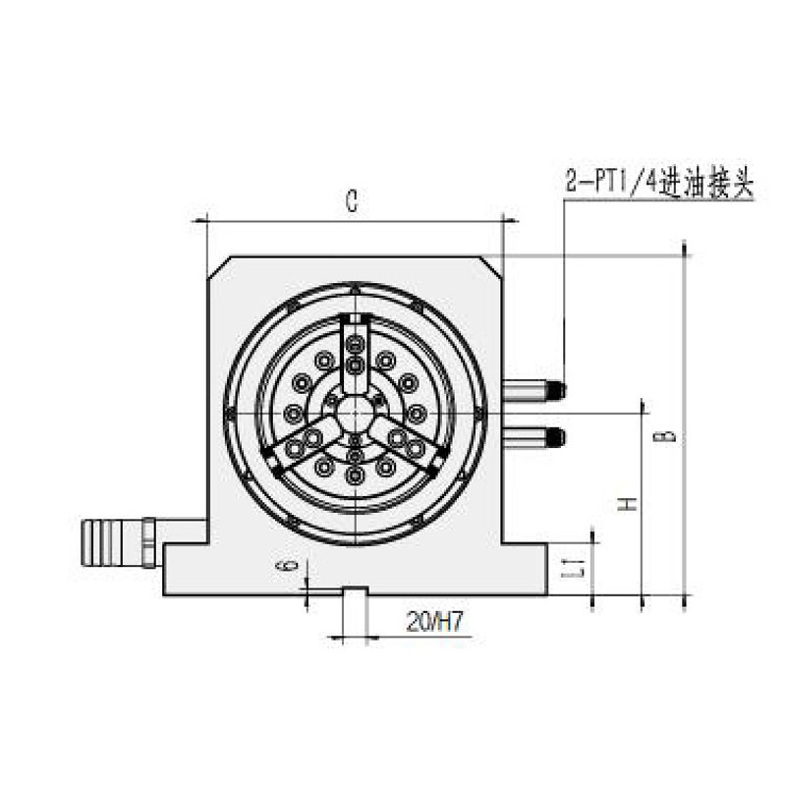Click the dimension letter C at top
click(x=350, y=202)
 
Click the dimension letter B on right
click(x=669, y=432)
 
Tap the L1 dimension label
click(x=580, y=566)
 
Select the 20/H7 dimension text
click(x=433, y=621)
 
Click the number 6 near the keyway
click(x=285, y=567)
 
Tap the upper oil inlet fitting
click(x=533, y=390)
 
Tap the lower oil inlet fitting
click(x=533, y=436)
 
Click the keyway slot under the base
click(x=354, y=592)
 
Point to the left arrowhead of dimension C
click(x=199, y=222)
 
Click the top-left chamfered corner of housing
click(x=218, y=268)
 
